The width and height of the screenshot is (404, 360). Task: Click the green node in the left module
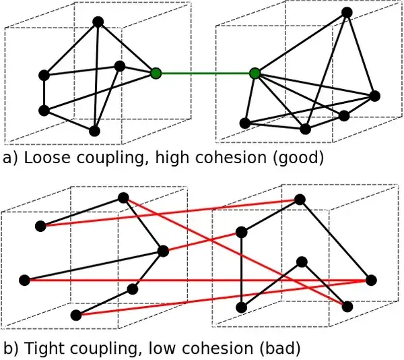pos(156,73)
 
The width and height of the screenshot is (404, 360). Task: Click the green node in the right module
pos(255,73)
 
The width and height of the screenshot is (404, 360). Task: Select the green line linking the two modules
pos(205,73)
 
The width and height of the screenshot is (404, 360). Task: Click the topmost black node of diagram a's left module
pos(98,22)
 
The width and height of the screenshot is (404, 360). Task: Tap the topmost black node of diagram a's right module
pos(347,12)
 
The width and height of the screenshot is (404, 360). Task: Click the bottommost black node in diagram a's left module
pos(94,131)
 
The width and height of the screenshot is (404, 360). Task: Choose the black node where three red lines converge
pos(369,279)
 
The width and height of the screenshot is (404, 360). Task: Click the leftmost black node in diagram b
pos(25,279)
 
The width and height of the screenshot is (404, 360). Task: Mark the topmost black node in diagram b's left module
pos(123,198)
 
